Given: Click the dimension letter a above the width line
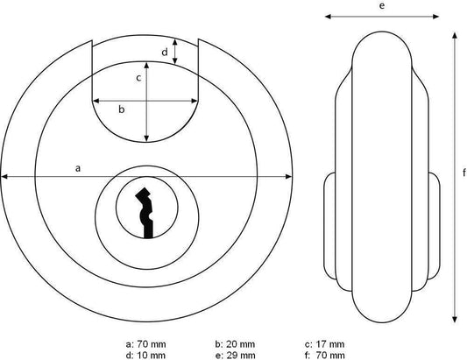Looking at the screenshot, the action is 78,168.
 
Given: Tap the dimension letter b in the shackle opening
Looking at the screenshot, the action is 121,109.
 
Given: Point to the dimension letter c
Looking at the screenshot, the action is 138,78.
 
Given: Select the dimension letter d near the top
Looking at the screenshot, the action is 165,53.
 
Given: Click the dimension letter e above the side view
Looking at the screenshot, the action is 382,5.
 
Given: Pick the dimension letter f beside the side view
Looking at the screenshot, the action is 464,173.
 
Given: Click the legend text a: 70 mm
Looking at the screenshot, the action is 145,344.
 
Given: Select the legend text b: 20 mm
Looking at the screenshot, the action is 235,344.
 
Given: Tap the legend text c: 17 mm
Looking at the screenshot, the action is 324,344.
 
